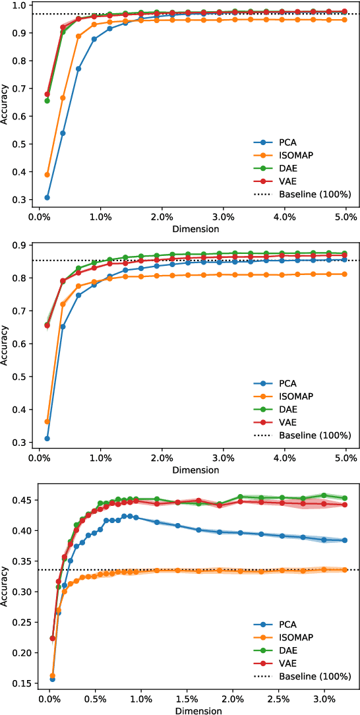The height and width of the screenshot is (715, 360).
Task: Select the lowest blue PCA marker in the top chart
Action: coord(47,197)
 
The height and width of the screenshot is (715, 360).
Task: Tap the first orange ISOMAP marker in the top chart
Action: coord(47,175)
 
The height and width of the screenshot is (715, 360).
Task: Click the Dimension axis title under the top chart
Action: coord(196,229)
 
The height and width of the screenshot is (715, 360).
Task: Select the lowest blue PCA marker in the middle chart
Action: coord(47,439)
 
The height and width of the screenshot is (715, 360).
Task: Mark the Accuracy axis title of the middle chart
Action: coord(6,344)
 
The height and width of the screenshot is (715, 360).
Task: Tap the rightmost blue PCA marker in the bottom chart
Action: coord(345,540)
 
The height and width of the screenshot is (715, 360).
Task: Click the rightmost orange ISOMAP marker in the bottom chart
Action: coord(345,569)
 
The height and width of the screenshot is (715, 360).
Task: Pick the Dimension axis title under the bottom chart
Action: coord(196,710)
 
